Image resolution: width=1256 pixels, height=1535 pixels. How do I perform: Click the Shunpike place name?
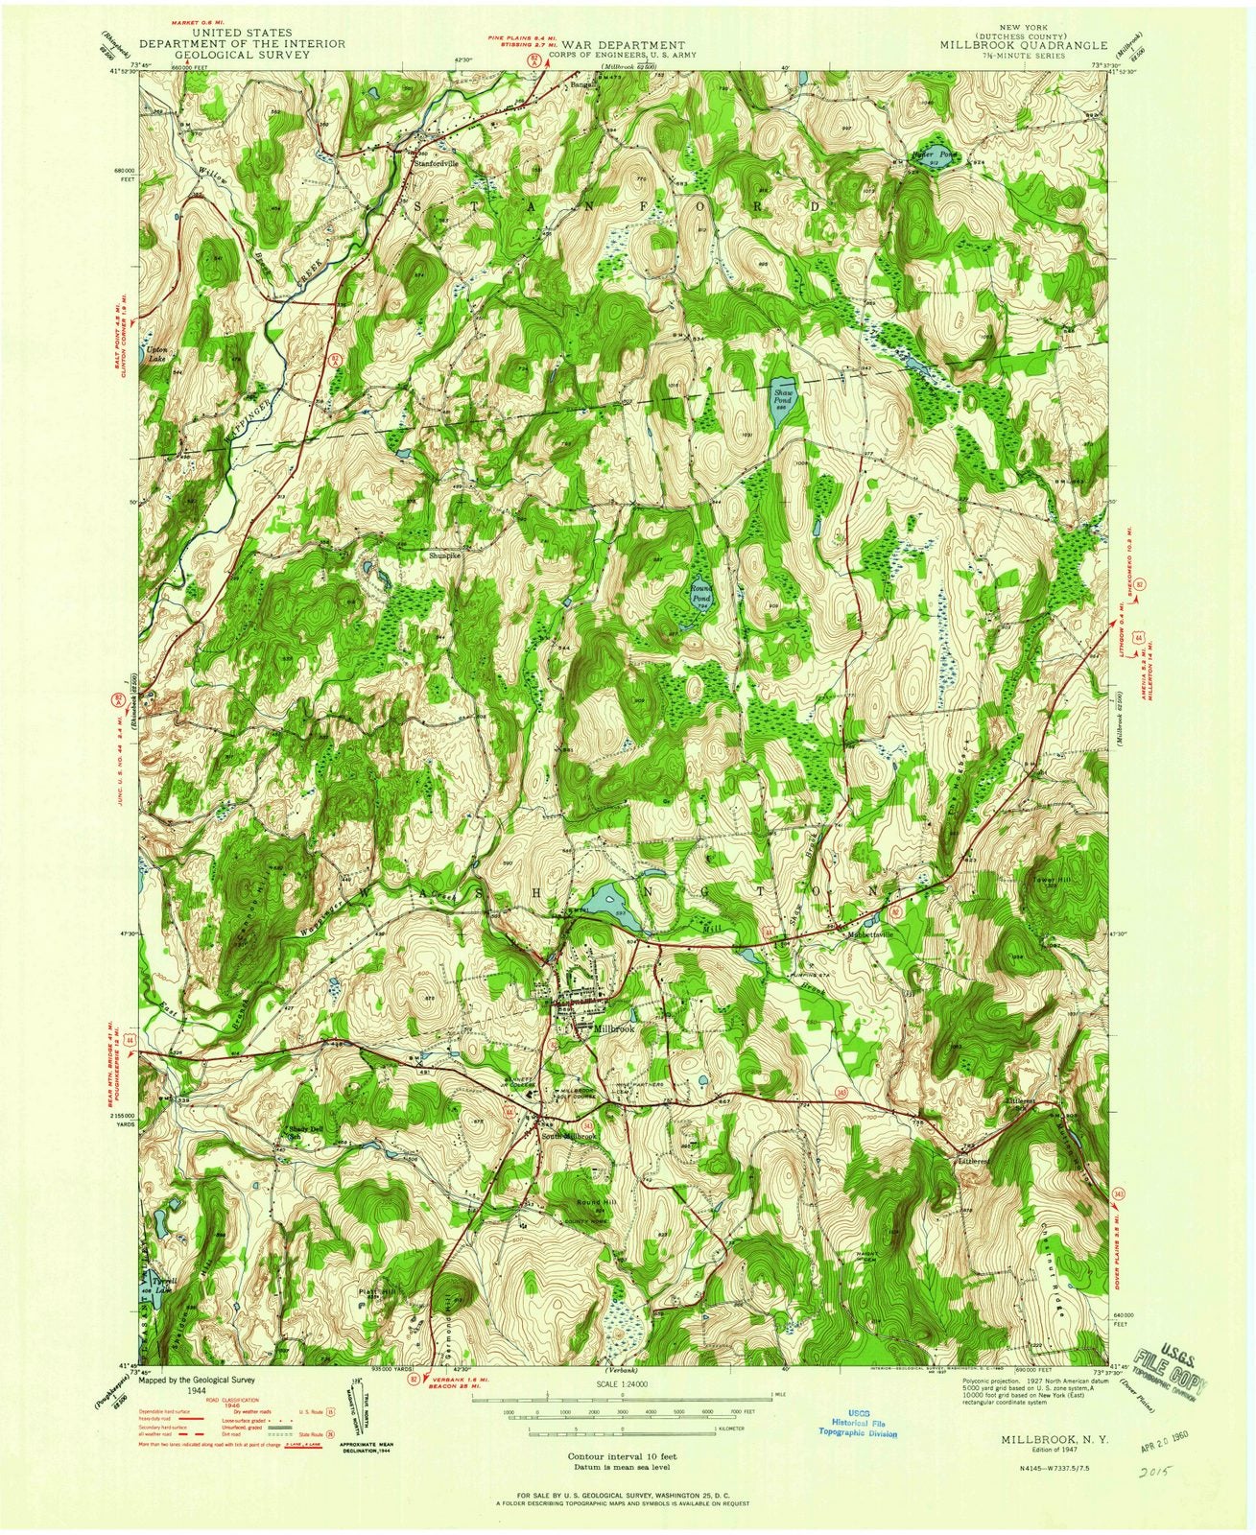pyautogui.click(x=444, y=554)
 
